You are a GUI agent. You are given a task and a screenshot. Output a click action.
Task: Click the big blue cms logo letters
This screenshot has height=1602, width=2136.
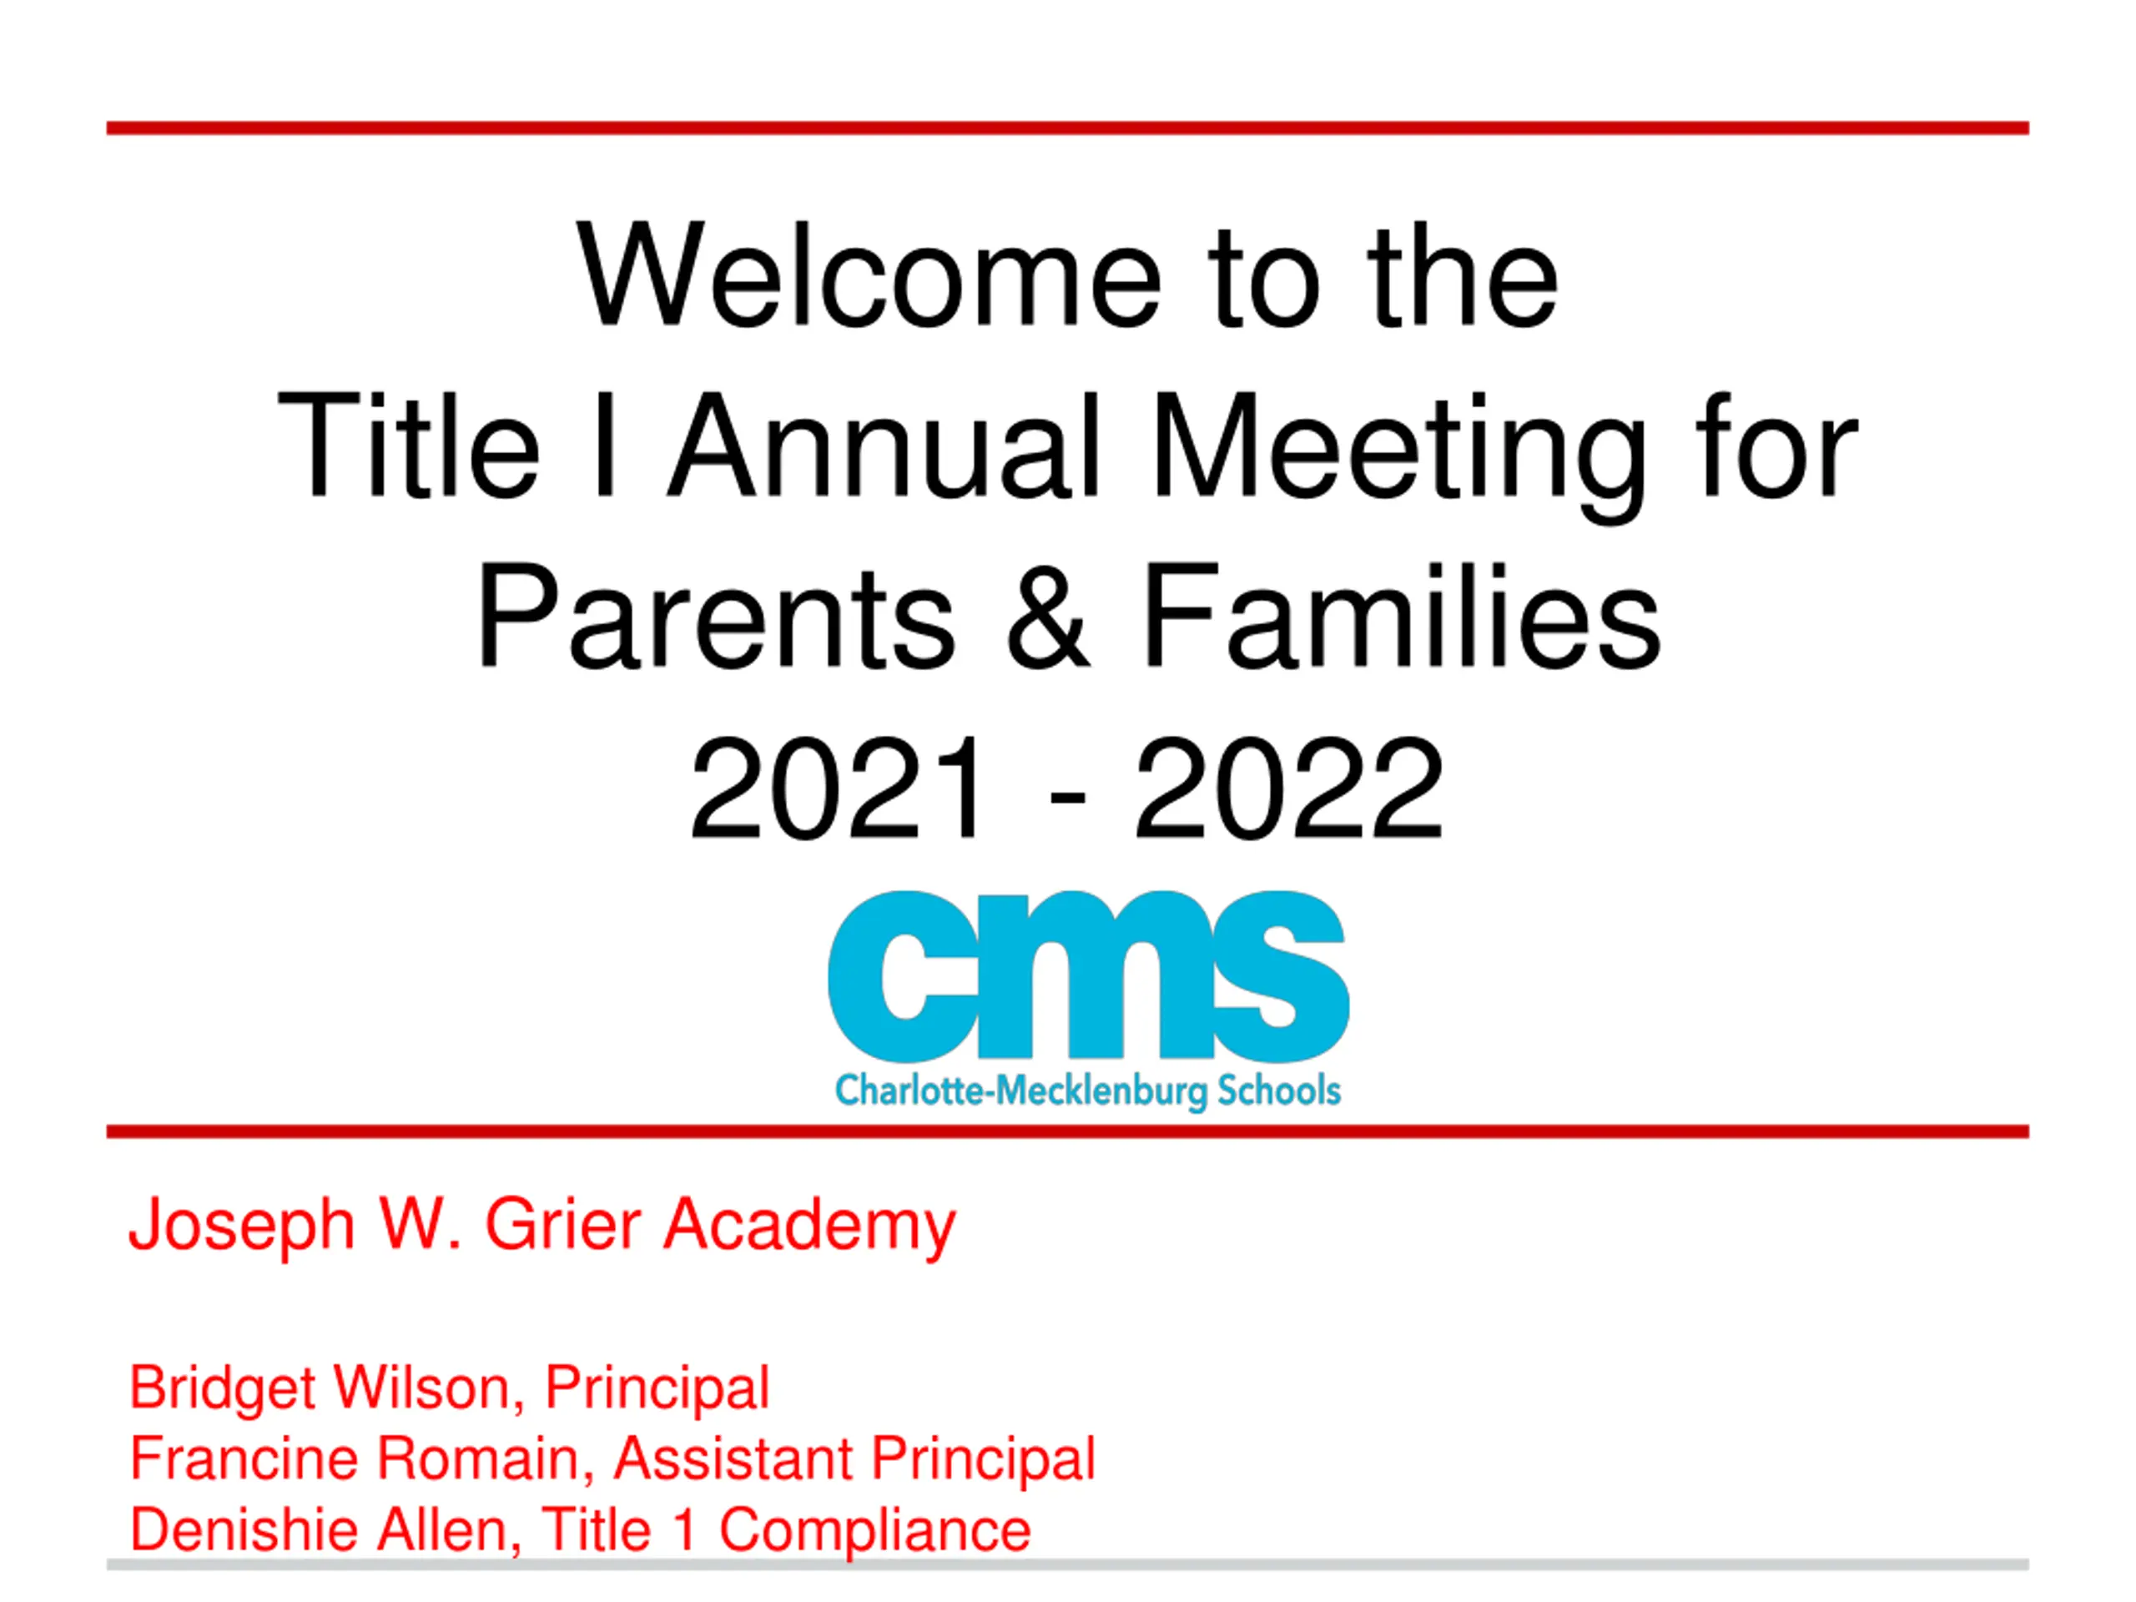point(1088,976)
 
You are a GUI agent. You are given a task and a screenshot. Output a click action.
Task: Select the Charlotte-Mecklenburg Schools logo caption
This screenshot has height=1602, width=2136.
point(1088,1091)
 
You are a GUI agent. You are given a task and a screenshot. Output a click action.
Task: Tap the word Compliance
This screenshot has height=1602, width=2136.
point(875,1532)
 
